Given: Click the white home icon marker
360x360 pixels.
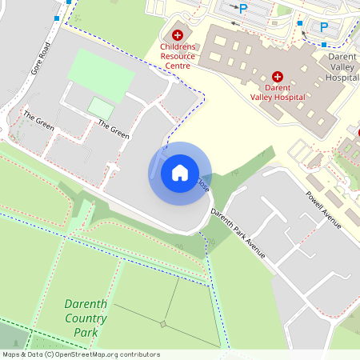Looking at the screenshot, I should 180,172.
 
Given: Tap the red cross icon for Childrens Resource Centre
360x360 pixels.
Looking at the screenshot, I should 177,36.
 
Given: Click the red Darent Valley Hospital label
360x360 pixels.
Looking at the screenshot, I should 278,92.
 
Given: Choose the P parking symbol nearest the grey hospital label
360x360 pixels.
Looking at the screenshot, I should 324,27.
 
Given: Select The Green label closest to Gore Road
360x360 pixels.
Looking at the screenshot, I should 38,122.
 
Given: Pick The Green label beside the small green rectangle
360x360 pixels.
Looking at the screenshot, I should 113,129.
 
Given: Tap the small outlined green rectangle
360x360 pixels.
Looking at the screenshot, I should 100,107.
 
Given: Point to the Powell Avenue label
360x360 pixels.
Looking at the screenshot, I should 323,210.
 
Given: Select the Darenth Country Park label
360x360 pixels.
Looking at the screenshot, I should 85,318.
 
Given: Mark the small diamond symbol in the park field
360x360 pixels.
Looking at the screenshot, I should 163,324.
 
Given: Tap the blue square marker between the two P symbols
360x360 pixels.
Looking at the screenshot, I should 299,23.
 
